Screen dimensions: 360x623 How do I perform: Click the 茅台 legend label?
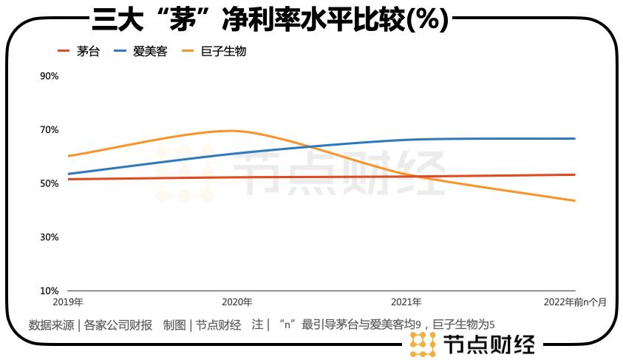pos(88,52)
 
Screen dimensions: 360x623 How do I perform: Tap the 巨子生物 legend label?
pos(223,52)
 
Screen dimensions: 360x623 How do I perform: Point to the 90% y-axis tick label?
pos(49,76)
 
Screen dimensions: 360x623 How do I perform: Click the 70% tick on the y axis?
pos(49,130)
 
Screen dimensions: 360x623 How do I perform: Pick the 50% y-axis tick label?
pos(49,183)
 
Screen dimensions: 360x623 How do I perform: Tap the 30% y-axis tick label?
pos(49,237)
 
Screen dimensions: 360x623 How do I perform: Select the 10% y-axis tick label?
pos(49,291)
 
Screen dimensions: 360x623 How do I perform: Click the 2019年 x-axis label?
pos(68,302)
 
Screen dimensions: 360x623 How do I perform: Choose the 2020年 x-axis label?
pos(237,302)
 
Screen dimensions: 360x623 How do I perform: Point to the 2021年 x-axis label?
pos(406,302)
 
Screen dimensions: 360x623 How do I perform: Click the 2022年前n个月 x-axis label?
pos(574,302)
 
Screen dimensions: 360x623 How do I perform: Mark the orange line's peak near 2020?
pos(231,131)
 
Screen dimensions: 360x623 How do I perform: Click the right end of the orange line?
pos(575,200)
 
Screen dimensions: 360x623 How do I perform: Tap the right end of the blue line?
pos(575,138)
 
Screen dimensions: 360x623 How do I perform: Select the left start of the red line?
pos(68,179)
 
